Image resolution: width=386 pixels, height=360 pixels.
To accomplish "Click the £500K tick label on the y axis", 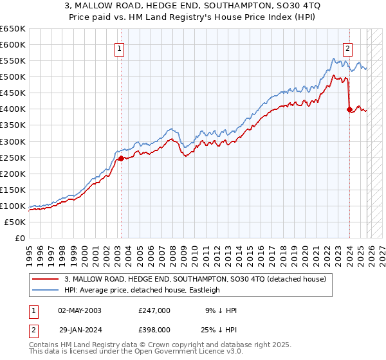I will [x=13, y=76].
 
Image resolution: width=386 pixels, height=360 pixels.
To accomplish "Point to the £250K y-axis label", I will [x=13, y=157].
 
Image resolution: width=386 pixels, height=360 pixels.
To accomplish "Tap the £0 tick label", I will [x=19, y=238].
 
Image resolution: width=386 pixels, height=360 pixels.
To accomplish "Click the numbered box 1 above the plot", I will [x=120, y=47].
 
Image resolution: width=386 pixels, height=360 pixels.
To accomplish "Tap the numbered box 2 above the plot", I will [x=348, y=47].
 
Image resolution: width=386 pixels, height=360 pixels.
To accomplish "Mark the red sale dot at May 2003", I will [x=121, y=158].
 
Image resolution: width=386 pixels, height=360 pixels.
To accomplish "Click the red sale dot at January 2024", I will [x=349, y=109].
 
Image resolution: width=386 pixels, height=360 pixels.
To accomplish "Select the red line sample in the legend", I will [x=46, y=279].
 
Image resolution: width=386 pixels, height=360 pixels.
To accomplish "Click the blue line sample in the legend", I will [x=46, y=290].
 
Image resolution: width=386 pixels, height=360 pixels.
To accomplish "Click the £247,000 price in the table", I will [x=154, y=310].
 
